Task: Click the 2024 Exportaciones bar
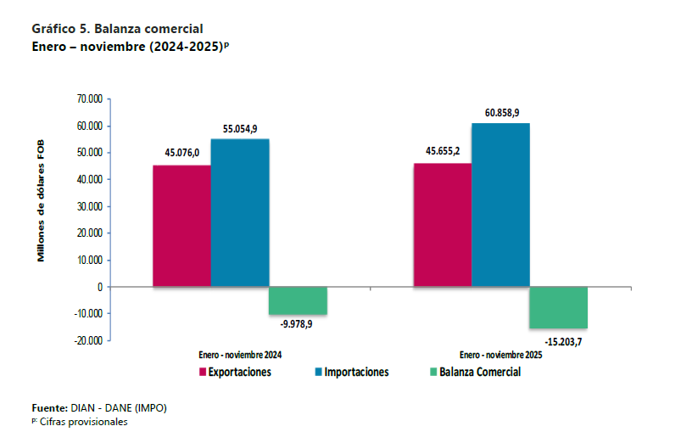tap(181, 226)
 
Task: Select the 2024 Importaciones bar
tap(240, 213)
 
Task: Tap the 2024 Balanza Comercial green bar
tap(298, 300)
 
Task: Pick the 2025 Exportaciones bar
tap(442, 225)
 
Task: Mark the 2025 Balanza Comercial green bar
tap(559, 307)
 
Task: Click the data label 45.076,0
tap(181, 153)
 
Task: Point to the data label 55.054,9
tap(240, 127)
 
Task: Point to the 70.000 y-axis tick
tap(89, 99)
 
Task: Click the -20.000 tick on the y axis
tap(87, 340)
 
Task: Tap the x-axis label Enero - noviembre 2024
tap(240, 355)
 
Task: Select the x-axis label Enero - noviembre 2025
tap(500, 355)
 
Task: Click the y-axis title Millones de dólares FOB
tap(41, 203)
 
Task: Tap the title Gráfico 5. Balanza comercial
tap(117, 29)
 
